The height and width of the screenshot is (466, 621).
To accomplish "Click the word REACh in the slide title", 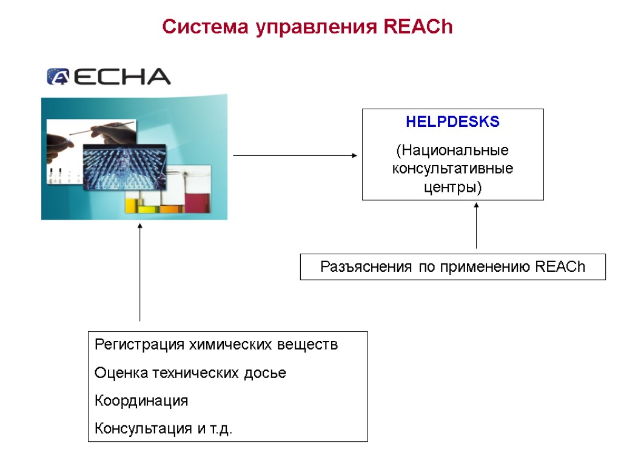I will click(x=418, y=27).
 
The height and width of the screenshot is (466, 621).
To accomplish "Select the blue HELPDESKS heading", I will click(x=452, y=122).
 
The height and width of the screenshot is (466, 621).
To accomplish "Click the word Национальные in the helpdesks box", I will click(x=452, y=149).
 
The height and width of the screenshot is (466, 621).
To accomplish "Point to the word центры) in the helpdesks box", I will click(x=452, y=187).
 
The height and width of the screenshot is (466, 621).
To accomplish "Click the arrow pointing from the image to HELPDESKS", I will click(x=295, y=156).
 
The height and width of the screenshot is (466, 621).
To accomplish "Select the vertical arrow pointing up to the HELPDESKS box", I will click(x=477, y=226).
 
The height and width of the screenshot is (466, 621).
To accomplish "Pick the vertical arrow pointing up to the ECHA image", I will click(x=140, y=272).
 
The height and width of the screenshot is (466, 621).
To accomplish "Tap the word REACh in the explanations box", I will click(x=561, y=267).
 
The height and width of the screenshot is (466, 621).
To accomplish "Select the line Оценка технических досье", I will click(x=190, y=373).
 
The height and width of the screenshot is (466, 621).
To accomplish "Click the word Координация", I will click(x=141, y=401).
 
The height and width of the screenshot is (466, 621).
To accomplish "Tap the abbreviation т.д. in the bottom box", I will click(x=221, y=429).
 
